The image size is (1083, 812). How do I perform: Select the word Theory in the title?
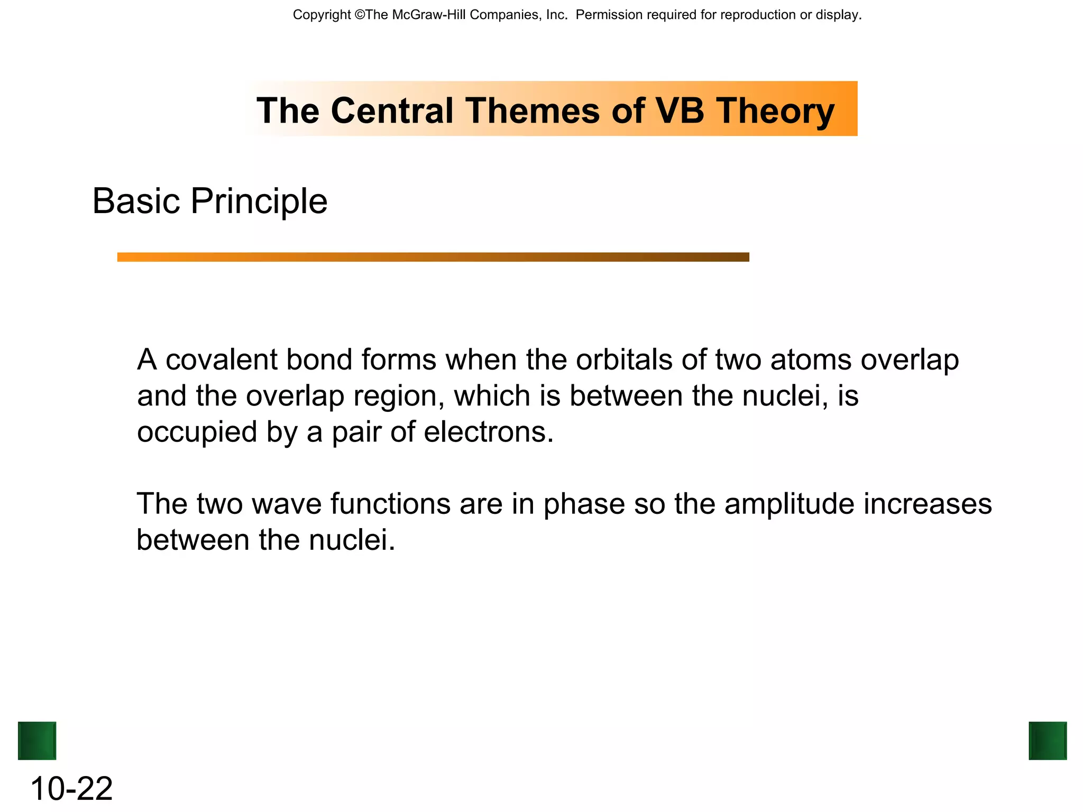point(775,112)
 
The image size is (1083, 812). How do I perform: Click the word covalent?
point(222,360)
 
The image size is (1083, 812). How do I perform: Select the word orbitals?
point(624,360)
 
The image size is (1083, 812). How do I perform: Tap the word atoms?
point(810,360)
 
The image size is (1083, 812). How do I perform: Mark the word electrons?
point(489,432)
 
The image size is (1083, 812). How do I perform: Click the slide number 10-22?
point(71,789)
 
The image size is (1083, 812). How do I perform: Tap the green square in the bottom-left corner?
point(37,741)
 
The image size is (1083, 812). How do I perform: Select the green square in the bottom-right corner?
point(1048,741)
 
